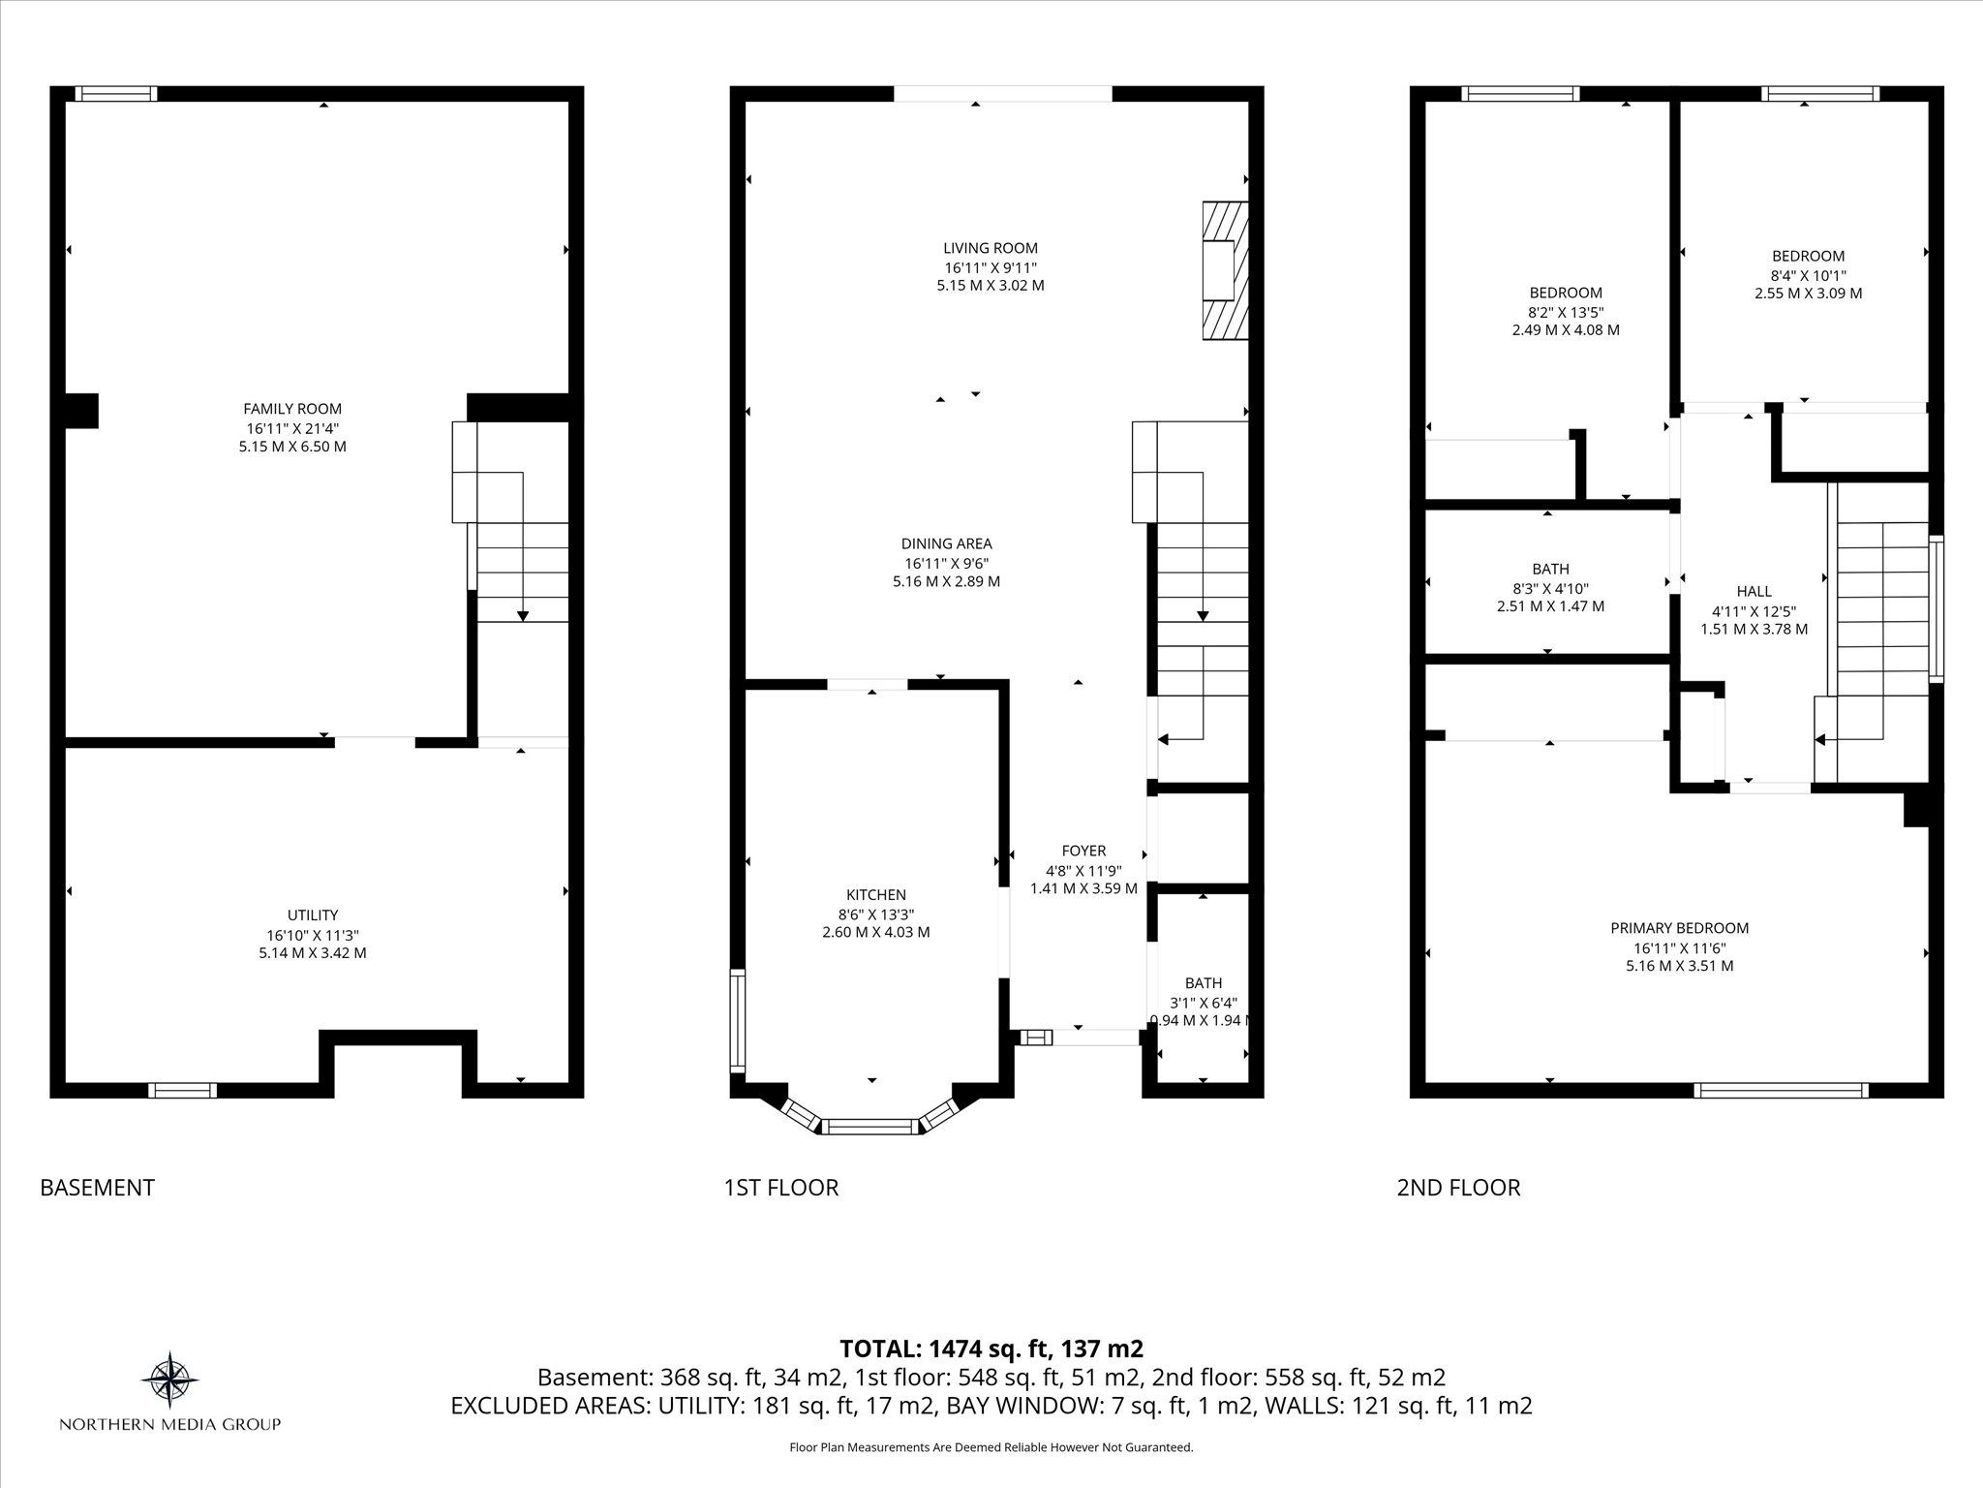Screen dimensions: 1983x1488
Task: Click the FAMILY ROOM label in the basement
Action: (x=292, y=409)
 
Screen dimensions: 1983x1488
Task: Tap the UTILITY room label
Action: (x=313, y=914)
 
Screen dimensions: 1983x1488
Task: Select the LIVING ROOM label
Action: (x=991, y=248)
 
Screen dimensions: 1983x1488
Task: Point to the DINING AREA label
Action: (x=946, y=543)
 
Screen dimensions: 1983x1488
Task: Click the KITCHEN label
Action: (x=876, y=894)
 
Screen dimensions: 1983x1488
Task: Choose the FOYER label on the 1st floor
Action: (x=1083, y=851)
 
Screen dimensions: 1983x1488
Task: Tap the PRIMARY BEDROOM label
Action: (x=1680, y=928)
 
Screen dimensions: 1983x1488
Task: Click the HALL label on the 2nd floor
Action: (x=1754, y=591)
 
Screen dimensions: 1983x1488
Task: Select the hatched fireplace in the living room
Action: (x=1225, y=270)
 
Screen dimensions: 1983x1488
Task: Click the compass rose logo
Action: (x=170, y=1379)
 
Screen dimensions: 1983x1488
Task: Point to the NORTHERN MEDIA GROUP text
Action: (x=170, y=1424)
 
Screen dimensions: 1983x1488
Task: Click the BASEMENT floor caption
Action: (x=97, y=1188)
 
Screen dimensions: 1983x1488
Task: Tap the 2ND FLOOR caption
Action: (x=1458, y=1188)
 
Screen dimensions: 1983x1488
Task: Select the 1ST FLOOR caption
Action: (x=780, y=1188)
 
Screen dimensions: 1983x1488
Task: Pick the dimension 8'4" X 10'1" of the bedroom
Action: (x=1808, y=274)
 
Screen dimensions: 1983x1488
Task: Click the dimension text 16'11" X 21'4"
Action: (x=292, y=428)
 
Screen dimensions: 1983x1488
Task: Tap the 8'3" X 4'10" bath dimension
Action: (x=1550, y=588)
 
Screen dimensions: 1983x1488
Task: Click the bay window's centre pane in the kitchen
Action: (x=870, y=1126)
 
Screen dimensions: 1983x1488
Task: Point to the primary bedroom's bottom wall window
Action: (x=1781, y=1090)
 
